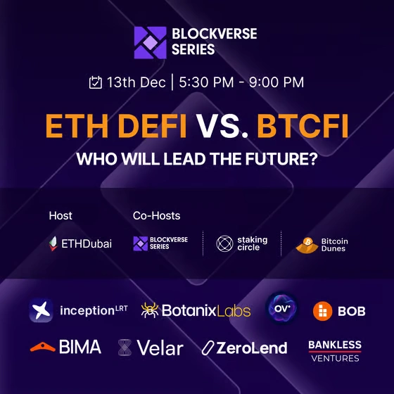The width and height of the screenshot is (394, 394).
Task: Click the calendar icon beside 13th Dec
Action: click(96, 82)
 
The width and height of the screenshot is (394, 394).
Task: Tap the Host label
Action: click(61, 215)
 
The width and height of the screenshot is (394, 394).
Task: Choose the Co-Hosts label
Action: click(156, 215)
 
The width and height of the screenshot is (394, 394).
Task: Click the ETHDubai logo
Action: click(80, 244)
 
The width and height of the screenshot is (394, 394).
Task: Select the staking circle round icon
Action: click(224, 244)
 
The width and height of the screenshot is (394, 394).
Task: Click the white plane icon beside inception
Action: click(41, 310)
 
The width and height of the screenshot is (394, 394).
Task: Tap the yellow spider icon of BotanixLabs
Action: click(150, 310)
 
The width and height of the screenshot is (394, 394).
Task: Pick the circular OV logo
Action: click(282, 309)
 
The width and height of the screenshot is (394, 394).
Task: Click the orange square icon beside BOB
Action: click(323, 310)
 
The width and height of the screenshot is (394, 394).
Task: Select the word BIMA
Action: click(80, 347)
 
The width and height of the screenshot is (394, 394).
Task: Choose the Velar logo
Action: click(151, 348)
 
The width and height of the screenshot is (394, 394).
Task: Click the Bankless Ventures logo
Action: click(335, 350)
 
